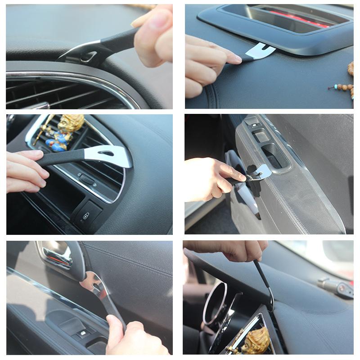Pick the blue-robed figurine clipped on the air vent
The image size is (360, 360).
(63, 135)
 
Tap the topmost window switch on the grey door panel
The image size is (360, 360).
(252, 121)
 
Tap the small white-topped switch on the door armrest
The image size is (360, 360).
(83, 333)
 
